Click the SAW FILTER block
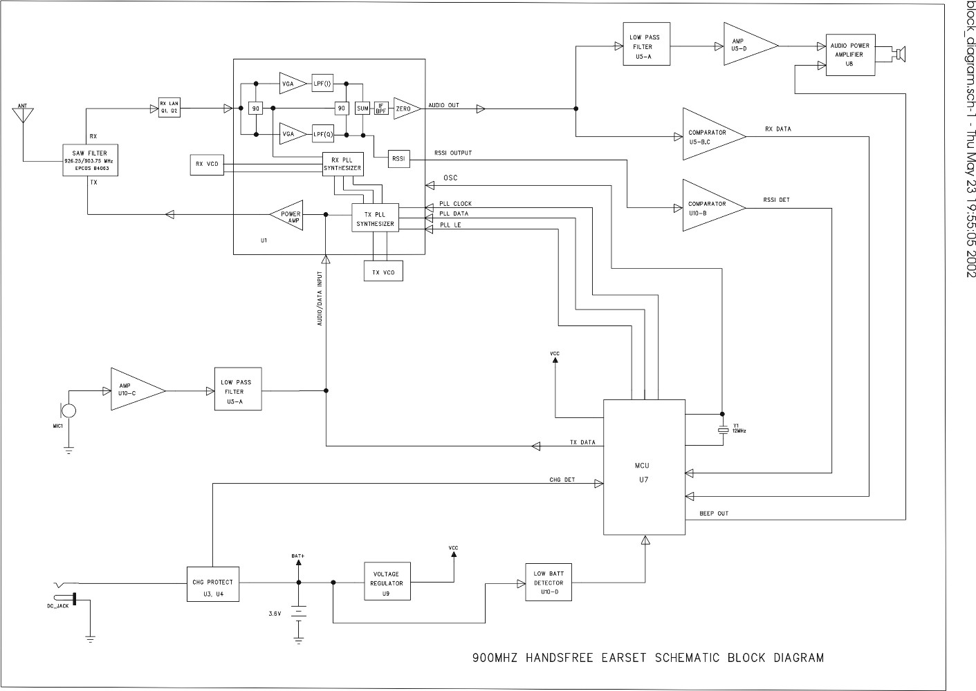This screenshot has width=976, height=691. (90, 160)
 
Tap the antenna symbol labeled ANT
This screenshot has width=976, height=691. (23, 114)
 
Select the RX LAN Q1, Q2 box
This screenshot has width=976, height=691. (169, 108)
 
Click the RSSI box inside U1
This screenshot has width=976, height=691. (399, 159)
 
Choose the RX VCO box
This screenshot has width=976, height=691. (207, 164)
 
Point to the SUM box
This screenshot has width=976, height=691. (362, 108)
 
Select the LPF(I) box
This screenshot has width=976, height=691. (322, 84)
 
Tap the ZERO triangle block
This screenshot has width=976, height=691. (405, 108)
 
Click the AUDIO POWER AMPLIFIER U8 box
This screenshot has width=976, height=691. (850, 55)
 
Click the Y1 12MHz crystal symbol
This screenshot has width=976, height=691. (723, 430)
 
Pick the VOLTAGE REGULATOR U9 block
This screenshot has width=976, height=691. (386, 583)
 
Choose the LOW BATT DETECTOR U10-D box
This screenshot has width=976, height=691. (549, 583)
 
